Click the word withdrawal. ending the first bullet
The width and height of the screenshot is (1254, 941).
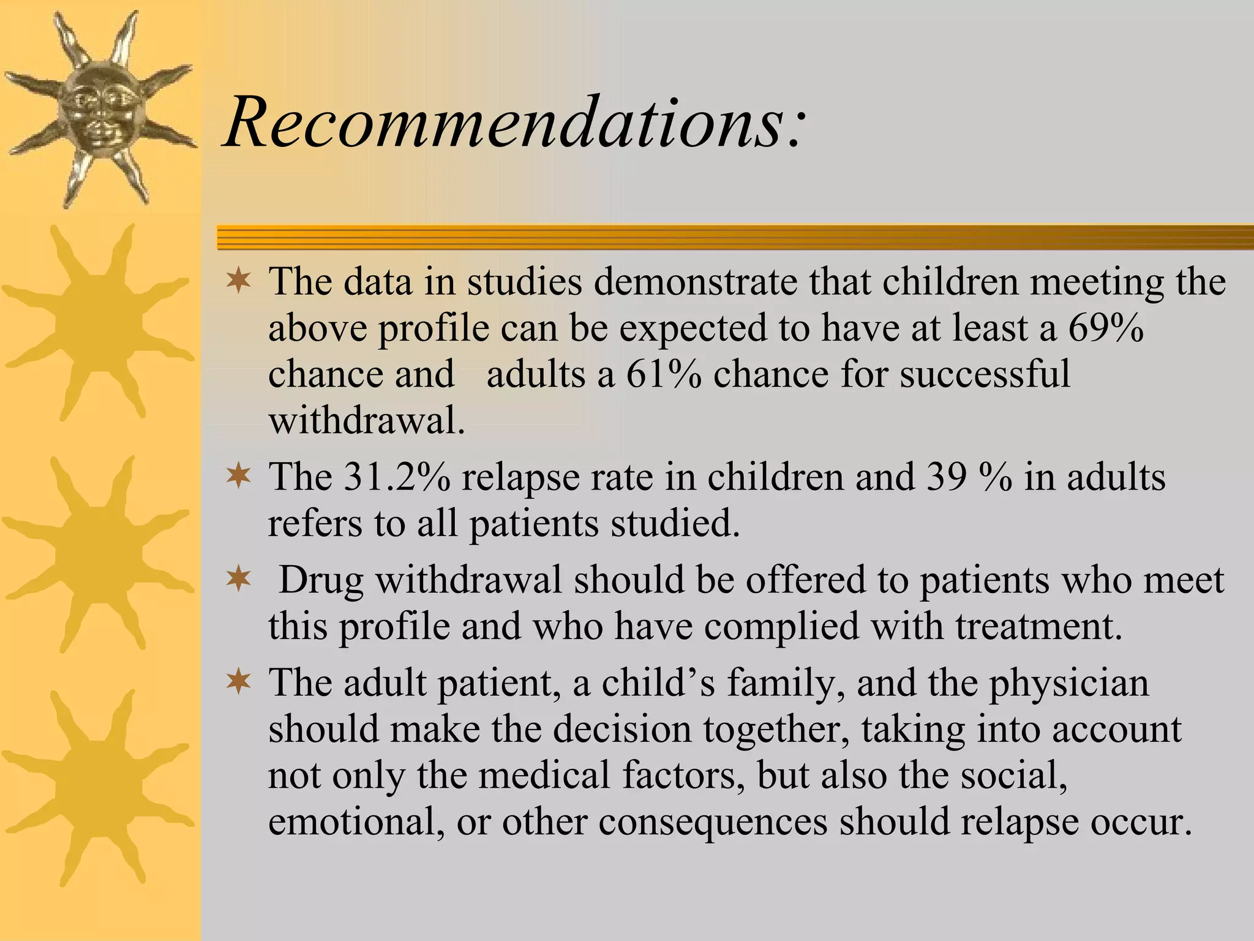[366, 420]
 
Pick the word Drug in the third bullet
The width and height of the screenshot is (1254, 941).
[320, 580]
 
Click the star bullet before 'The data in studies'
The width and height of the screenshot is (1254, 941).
[238, 281]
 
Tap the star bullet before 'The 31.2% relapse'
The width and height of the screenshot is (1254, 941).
[238, 476]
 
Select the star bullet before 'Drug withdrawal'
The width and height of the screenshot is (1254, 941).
[238, 579]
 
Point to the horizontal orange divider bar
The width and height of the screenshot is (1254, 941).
[735, 238]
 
